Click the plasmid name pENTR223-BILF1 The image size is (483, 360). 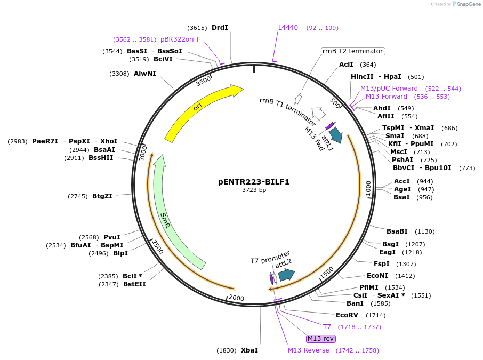point(253,182)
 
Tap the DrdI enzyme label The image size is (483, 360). point(220,28)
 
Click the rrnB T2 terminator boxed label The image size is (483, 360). point(352,51)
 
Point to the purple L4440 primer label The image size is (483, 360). point(288,28)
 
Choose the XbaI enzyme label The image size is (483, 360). point(249,350)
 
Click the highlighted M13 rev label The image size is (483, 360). point(320,339)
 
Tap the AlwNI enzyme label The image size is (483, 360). point(145,74)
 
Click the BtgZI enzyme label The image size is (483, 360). point(102,196)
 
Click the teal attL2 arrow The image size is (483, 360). point(286,275)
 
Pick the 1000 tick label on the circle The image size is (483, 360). point(367,188)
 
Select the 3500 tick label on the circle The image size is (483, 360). point(204,82)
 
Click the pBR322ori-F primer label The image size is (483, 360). point(180,39)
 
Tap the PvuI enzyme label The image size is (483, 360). point(111,237)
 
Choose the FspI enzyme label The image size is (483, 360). point(381,264)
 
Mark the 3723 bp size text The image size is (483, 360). point(254,190)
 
